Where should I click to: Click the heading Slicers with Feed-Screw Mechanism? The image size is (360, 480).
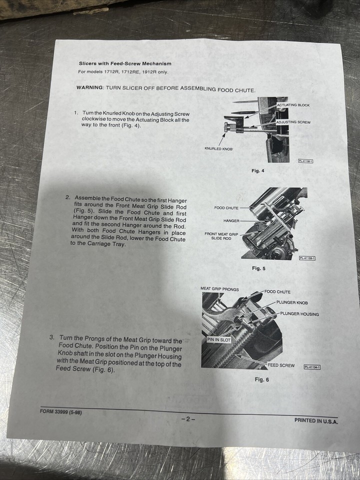pos(125,63)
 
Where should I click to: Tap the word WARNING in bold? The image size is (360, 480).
pos(89,87)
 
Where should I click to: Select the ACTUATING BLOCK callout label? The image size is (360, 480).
pos(293,105)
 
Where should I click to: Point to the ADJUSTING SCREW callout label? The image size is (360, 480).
pos(293,122)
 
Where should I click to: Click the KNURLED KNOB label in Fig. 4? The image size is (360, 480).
pos(218,148)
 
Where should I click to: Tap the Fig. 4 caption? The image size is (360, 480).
pos(258,171)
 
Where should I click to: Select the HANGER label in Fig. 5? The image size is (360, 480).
pos(231,220)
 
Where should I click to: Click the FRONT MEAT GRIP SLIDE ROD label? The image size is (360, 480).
pos(221,235)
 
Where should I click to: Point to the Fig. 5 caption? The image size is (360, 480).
pos(258,268)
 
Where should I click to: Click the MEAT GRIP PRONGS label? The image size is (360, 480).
pos(219,289)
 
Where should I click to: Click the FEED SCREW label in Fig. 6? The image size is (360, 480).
pos(281,365)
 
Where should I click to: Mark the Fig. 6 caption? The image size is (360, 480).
pos(261,379)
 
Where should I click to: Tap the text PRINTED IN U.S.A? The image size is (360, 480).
pos(316,421)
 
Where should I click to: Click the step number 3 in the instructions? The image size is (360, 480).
pos(51,337)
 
